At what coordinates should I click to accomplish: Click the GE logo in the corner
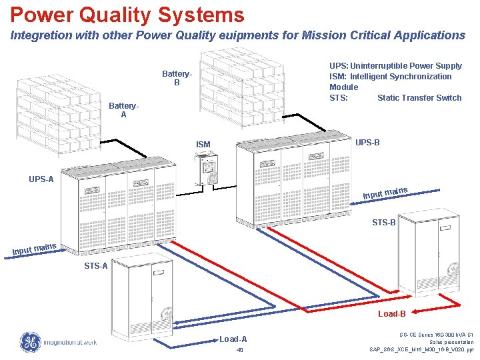(x=29, y=342)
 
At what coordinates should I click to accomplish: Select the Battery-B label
(x=177, y=78)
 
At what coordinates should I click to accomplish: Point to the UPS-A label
(x=41, y=179)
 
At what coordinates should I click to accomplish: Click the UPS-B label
(x=367, y=143)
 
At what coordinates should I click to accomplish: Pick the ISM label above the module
(x=203, y=145)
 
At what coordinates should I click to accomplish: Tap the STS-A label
(x=96, y=266)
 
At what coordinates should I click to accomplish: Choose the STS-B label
(x=383, y=223)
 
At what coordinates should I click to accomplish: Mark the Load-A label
(x=233, y=339)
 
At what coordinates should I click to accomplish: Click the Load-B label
(x=392, y=313)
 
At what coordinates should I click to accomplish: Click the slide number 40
(x=239, y=350)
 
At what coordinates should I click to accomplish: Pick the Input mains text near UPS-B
(x=385, y=193)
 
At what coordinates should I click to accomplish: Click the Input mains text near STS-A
(x=34, y=249)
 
